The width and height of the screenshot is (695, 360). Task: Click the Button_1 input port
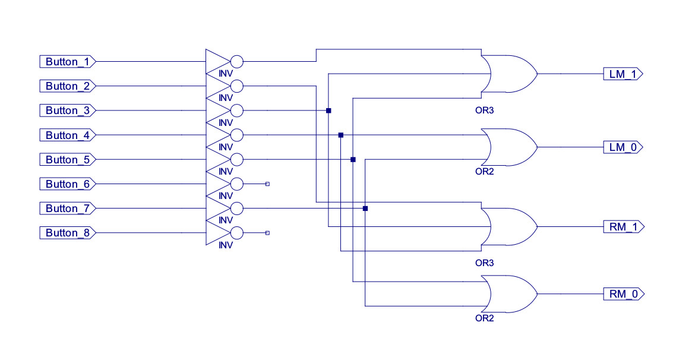[68, 62]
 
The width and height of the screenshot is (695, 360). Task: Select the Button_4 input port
[68, 135]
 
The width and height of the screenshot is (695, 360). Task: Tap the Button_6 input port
[68, 184]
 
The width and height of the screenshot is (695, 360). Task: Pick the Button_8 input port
[68, 233]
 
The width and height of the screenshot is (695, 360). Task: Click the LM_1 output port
[623, 74]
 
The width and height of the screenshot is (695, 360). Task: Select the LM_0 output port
[623, 147]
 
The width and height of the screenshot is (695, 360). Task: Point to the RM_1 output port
[623, 227]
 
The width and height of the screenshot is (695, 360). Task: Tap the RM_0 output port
[623, 293]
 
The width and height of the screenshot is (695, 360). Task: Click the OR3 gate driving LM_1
[508, 74]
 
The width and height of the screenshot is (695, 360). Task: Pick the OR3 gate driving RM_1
[508, 227]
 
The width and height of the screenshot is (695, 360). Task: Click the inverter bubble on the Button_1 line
[237, 62]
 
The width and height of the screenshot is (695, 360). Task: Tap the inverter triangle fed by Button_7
[217, 209]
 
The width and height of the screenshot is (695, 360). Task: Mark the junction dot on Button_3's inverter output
[328, 110]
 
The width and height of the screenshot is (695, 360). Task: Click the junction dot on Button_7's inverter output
[365, 209]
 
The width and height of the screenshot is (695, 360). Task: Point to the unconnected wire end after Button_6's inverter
[267, 184]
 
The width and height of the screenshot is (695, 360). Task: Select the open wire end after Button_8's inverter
[267, 233]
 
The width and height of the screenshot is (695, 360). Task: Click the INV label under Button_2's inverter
[226, 97]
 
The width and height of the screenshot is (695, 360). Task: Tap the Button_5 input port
[68, 160]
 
